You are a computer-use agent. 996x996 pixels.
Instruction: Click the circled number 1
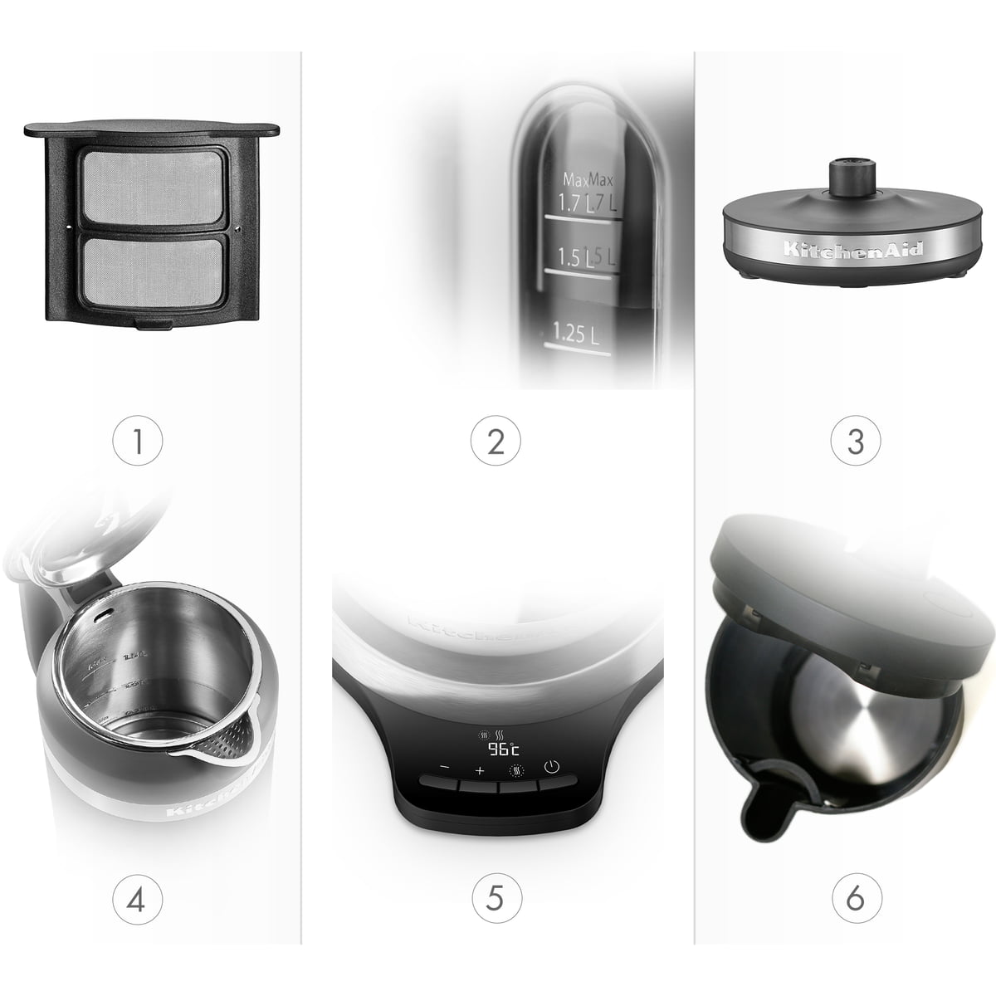point(138,441)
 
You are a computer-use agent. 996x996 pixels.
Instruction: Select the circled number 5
point(496,897)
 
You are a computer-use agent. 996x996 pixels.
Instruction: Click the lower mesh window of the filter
point(150,274)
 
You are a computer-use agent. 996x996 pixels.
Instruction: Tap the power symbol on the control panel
point(550,766)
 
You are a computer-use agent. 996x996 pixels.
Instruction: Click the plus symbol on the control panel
point(479,771)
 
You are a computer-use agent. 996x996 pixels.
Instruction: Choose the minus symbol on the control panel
point(444,769)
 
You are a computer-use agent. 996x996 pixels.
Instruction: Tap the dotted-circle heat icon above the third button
point(515,769)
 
